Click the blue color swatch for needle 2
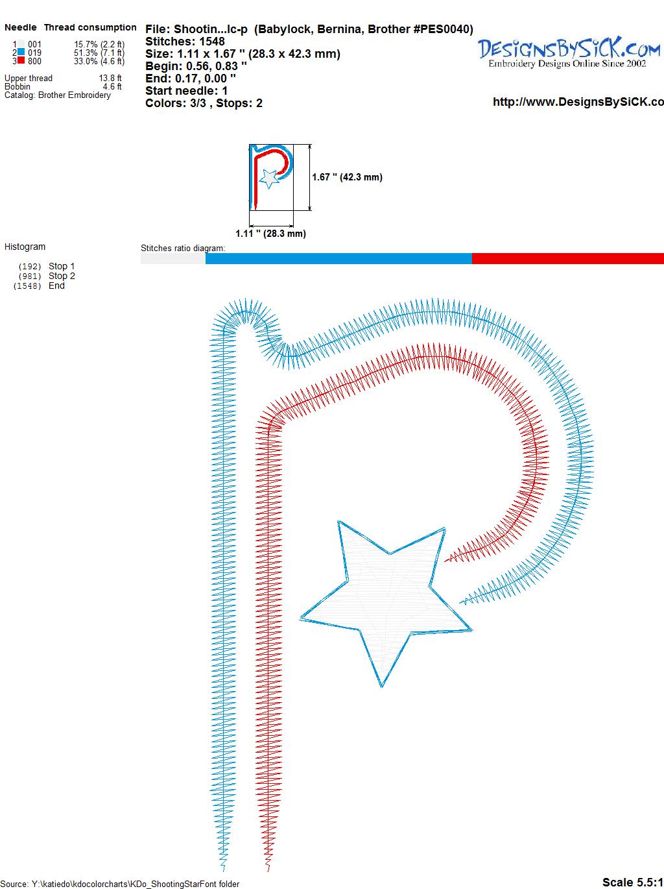tap(21, 53)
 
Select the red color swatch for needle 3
tap(21, 61)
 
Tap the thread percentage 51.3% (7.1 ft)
tap(99, 53)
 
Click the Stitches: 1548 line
tap(185, 42)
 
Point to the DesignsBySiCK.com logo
tap(569, 53)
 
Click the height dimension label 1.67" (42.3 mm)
tap(347, 177)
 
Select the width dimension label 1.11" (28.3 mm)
tap(270, 234)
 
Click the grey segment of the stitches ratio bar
tap(173, 258)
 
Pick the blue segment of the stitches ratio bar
tap(338, 258)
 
